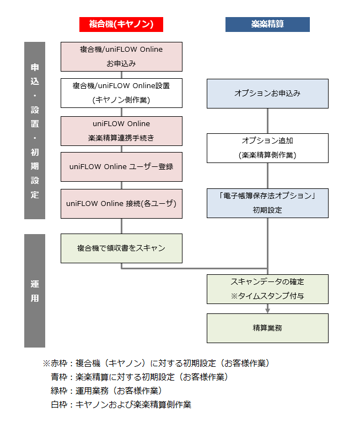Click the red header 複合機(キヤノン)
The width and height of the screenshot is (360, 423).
point(121,24)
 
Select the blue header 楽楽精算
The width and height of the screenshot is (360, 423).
point(267,24)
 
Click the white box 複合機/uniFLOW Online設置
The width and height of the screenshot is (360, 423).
point(121,93)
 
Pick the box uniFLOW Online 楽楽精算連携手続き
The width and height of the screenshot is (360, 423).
point(121,131)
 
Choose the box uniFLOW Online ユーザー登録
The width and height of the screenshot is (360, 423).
point(121,166)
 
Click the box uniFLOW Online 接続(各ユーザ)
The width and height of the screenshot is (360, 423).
point(121,203)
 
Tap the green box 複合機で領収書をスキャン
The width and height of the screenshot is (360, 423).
point(121,248)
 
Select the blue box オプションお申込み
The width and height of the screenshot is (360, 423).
point(267,94)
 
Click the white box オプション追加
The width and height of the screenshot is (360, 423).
point(267,148)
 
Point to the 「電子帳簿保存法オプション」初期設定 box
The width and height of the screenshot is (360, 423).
point(267,203)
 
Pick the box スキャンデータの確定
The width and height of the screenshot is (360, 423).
point(267,289)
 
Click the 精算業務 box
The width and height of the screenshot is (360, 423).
point(267,328)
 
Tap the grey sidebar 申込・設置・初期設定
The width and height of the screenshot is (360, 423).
point(35,131)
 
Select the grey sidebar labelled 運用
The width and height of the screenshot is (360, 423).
point(35,291)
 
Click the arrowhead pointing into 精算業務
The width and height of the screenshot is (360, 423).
point(267,310)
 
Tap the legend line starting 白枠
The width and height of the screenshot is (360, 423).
point(121,405)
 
